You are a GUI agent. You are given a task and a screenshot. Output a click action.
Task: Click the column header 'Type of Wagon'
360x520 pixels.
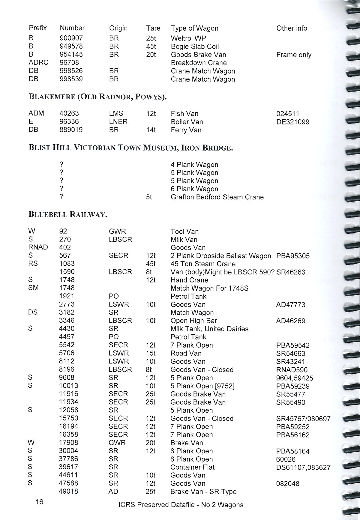(x=194, y=28)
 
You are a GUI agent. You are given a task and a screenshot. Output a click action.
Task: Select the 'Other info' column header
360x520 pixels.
(x=292, y=28)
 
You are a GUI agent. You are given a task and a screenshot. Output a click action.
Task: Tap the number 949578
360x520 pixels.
(x=71, y=46)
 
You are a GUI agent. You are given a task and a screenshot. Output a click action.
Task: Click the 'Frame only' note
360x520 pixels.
(x=294, y=55)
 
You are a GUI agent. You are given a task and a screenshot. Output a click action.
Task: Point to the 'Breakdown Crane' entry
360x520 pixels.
(x=199, y=63)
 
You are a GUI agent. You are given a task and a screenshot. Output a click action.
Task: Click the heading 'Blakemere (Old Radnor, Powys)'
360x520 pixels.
(x=97, y=97)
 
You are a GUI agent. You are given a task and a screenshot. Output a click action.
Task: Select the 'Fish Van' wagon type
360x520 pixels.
(x=184, y=114)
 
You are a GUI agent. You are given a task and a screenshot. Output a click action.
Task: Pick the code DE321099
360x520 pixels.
(x=292, y=122)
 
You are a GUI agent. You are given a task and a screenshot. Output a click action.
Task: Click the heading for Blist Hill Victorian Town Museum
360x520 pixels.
(x=130, y=148)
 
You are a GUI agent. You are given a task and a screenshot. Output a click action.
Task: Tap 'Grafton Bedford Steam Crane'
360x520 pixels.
(x=217, y=197)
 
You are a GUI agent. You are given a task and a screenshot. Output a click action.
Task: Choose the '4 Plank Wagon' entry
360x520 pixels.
(x=194, y=165)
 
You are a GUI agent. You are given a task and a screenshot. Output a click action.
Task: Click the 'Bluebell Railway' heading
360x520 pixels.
(x=68, y=214)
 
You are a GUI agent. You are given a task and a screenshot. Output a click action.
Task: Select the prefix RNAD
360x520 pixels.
(x=38, y=247)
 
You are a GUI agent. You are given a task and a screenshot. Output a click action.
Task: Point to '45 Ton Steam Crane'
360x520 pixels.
(x=203, y=264)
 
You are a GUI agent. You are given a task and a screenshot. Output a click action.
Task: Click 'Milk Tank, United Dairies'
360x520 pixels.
(x=209, y=329)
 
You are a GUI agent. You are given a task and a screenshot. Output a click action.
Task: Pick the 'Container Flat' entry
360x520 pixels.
(x=192, y=467)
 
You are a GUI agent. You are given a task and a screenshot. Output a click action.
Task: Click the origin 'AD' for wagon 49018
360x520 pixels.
(x=113, y=492)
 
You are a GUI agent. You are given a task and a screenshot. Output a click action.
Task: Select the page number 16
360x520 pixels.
(x=39, y=502)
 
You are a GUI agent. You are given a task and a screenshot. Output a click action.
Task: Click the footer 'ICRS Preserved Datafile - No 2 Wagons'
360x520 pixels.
(x=181, y=505)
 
